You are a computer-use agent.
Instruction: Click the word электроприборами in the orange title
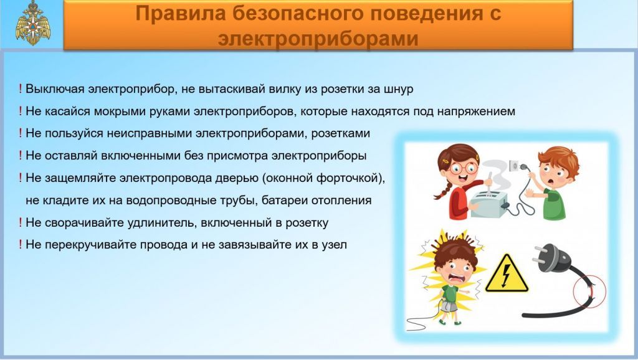click(318, 39)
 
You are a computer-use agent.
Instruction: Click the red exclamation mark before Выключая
click(20, 88)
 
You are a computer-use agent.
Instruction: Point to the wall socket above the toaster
click(513, 166)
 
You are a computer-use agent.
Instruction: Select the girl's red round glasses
click(464, 168)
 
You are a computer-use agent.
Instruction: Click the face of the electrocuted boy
click(457, 272)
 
